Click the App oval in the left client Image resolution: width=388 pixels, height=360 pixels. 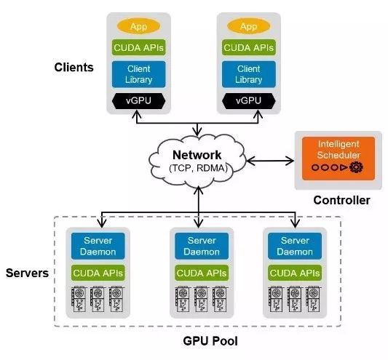[138, 26]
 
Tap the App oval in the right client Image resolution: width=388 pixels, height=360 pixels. [248, 26]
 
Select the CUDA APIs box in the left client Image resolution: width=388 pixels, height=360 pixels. [138, 47]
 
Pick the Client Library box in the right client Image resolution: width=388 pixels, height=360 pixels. [249, 74]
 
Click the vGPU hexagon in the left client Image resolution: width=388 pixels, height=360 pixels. [138, 101]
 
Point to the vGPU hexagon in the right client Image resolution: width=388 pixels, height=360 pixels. [249, 101]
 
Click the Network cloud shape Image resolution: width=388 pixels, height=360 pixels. [197, 161]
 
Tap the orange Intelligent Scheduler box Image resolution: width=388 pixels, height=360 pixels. [338, 159]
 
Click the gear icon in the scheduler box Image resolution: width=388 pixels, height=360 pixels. [356, 167]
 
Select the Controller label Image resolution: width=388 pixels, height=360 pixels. [341, 200]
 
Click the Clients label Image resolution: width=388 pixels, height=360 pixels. [74, 67]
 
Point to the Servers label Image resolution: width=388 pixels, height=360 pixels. [27, 273]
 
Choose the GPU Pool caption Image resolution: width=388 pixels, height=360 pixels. [210, 341]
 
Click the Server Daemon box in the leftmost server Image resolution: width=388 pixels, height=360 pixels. [98, 246]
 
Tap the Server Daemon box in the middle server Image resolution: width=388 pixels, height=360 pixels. [202, 246]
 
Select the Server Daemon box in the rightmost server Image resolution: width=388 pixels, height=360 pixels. [295, 246]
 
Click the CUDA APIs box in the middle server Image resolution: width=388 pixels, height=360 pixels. [202, 273]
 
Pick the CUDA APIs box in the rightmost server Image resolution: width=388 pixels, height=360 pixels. [295, 273]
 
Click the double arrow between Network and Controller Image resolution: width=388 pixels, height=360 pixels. [270, 161]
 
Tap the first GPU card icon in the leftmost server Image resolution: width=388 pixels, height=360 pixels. [79, 299]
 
